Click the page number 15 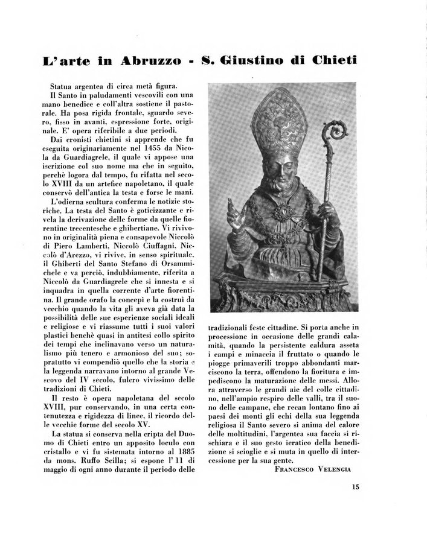coord(353,489)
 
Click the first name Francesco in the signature coord(294,468)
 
